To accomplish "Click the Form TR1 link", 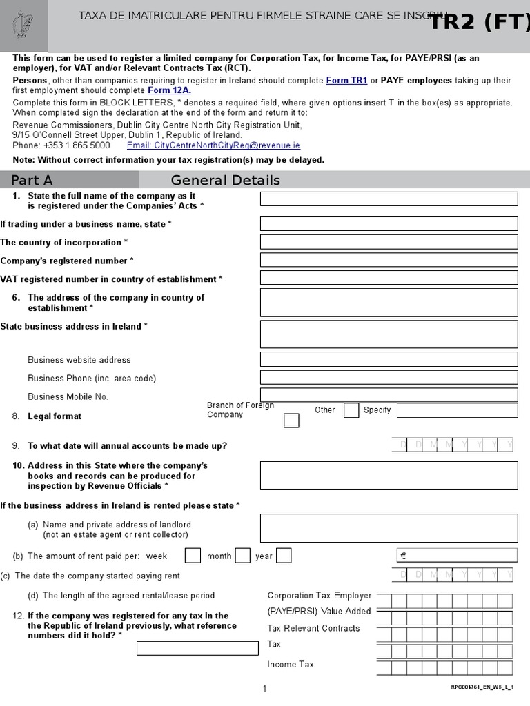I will pos(346,81).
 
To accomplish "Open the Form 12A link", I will pos(169,90).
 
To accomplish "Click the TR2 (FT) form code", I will pos(480,23).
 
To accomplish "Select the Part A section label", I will pos(32,180).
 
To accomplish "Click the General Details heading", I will pos(225,180).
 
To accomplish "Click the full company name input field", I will pos(389,199).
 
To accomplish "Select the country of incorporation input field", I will pos(389,242).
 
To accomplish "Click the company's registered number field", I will pos(389,260).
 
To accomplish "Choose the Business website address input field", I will pos(389,359).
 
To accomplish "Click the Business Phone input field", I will pos(389,377).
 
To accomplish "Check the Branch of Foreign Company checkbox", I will pos(291,421).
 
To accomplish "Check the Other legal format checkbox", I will pos(351,410).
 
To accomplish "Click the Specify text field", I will pos(457,410).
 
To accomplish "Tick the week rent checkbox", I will pos(193,556).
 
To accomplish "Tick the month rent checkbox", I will pos(242,556).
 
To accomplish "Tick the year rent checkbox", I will pos(284,556).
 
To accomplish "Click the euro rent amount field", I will pos(457,556).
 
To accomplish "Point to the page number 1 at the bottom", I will pos(264,688).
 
